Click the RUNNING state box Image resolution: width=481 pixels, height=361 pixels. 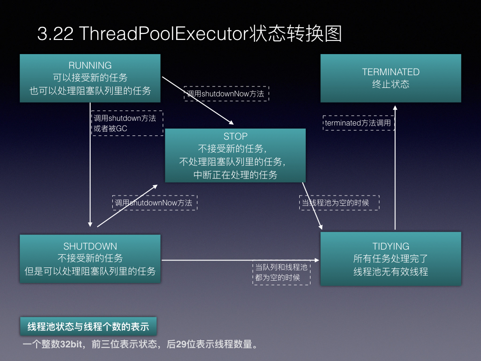90,78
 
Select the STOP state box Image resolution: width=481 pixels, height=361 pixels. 235,155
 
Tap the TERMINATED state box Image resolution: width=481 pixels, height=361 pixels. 390,78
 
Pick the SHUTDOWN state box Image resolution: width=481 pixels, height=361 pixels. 90,259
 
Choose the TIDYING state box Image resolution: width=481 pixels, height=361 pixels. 390,259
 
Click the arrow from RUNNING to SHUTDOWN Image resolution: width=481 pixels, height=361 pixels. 90,165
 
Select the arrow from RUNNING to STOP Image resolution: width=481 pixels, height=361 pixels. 198,101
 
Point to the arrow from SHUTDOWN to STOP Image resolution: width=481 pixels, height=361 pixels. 127,206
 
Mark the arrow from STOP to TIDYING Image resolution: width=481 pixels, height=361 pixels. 312,206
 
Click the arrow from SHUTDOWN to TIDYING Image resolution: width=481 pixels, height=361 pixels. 240,260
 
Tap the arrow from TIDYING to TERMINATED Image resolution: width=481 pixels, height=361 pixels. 395,168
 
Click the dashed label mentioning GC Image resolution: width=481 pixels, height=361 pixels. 127,123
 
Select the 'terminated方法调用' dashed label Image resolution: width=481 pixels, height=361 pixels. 358,123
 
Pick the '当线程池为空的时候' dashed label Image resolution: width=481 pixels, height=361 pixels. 339,203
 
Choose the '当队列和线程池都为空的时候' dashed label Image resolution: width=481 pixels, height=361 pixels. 281,273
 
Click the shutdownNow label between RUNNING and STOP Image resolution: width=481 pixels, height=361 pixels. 226,94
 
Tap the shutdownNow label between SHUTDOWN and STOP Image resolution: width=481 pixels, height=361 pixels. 155,203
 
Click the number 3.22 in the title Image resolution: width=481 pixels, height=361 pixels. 55,33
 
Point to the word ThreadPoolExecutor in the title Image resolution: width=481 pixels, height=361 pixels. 163,33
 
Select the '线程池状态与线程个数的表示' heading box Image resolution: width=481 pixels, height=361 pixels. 88,326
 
